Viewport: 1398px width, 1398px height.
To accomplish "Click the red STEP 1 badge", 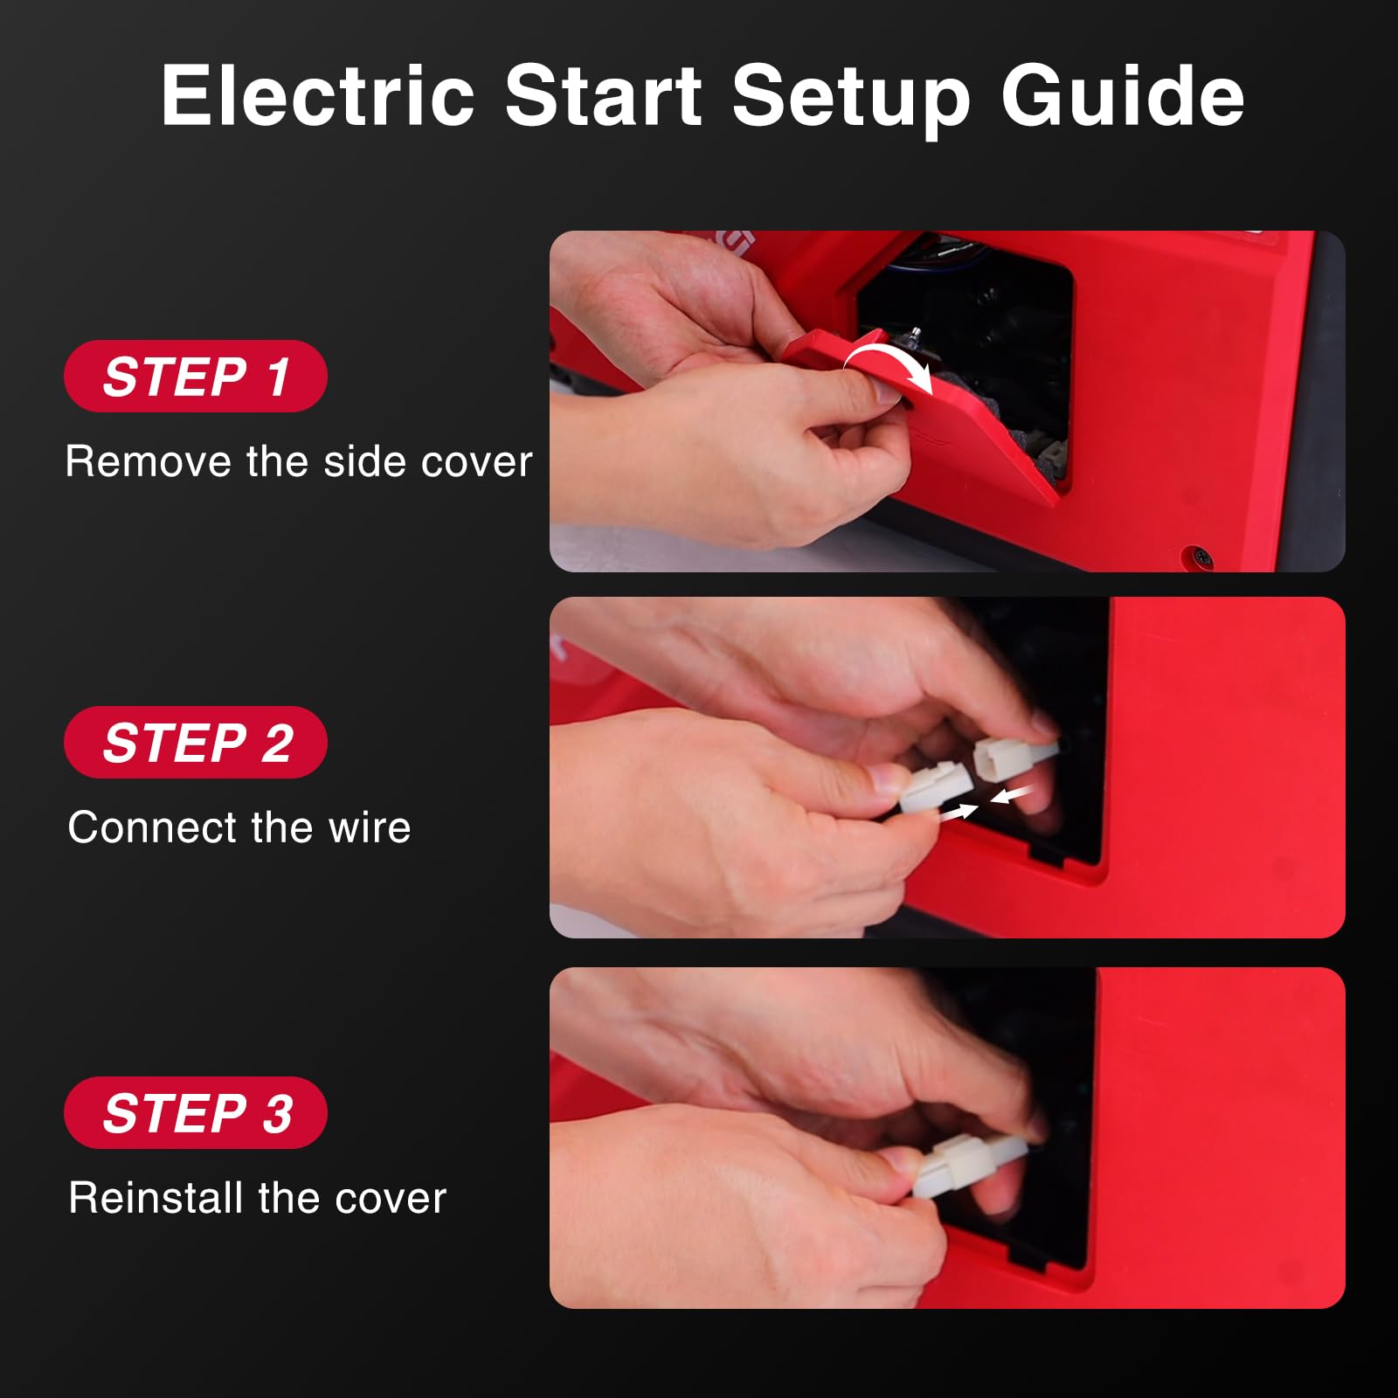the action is click(x=196, y=376).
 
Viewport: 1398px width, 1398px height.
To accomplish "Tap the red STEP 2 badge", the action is click(x=196, y=742).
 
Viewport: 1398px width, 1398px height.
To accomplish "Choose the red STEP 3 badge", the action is click(x=196, y=1112).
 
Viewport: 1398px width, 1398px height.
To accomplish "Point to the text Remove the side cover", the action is click(x=299, y=461).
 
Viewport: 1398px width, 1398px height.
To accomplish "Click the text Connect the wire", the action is click(x=239, y=827).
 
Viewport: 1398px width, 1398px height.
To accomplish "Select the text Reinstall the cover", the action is click(x=258, y=1198).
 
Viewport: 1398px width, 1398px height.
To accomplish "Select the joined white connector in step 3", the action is click(x=970, y=1166).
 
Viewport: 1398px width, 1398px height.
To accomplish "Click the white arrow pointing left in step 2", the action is click(x=1013, y=795).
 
